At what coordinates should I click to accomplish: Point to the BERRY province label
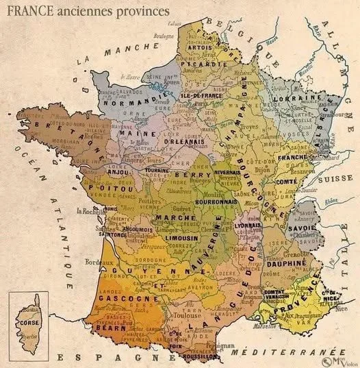187,175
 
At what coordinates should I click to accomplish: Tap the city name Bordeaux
91,262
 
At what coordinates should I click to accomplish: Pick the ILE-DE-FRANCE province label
203,97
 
